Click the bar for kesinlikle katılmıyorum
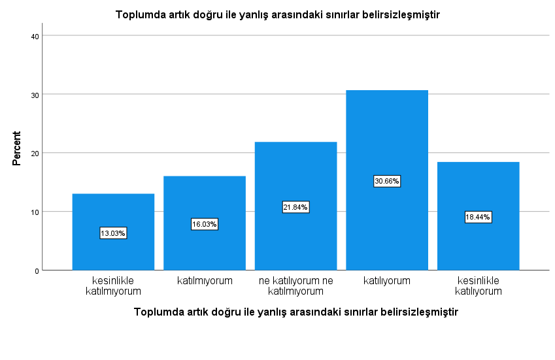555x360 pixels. pos(113,232)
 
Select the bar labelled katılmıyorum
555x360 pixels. pos(205,223)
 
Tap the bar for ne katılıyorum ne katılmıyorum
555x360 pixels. pos(296,206)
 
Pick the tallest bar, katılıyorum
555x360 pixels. pos(387,180)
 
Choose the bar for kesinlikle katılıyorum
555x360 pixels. pos(479,216)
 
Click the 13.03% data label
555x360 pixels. pos(113,233)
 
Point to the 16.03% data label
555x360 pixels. pos(205,224)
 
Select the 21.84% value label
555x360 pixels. pos(296,207)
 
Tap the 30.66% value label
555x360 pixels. pos(387,181)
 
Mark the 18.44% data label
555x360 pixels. pos(479,217)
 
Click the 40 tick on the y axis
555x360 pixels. pos(35,36)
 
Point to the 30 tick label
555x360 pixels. pos(35,95)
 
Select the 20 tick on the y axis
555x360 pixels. pos(35,154)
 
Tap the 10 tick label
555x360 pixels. pos(35,212)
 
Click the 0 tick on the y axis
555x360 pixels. pos(37,271)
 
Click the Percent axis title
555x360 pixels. pos(16,148)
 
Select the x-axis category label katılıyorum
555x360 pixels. pos(387,281)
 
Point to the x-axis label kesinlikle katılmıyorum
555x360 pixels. pos(113,286)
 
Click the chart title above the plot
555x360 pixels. pos(277,15)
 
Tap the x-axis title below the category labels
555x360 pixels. pos(296,312)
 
